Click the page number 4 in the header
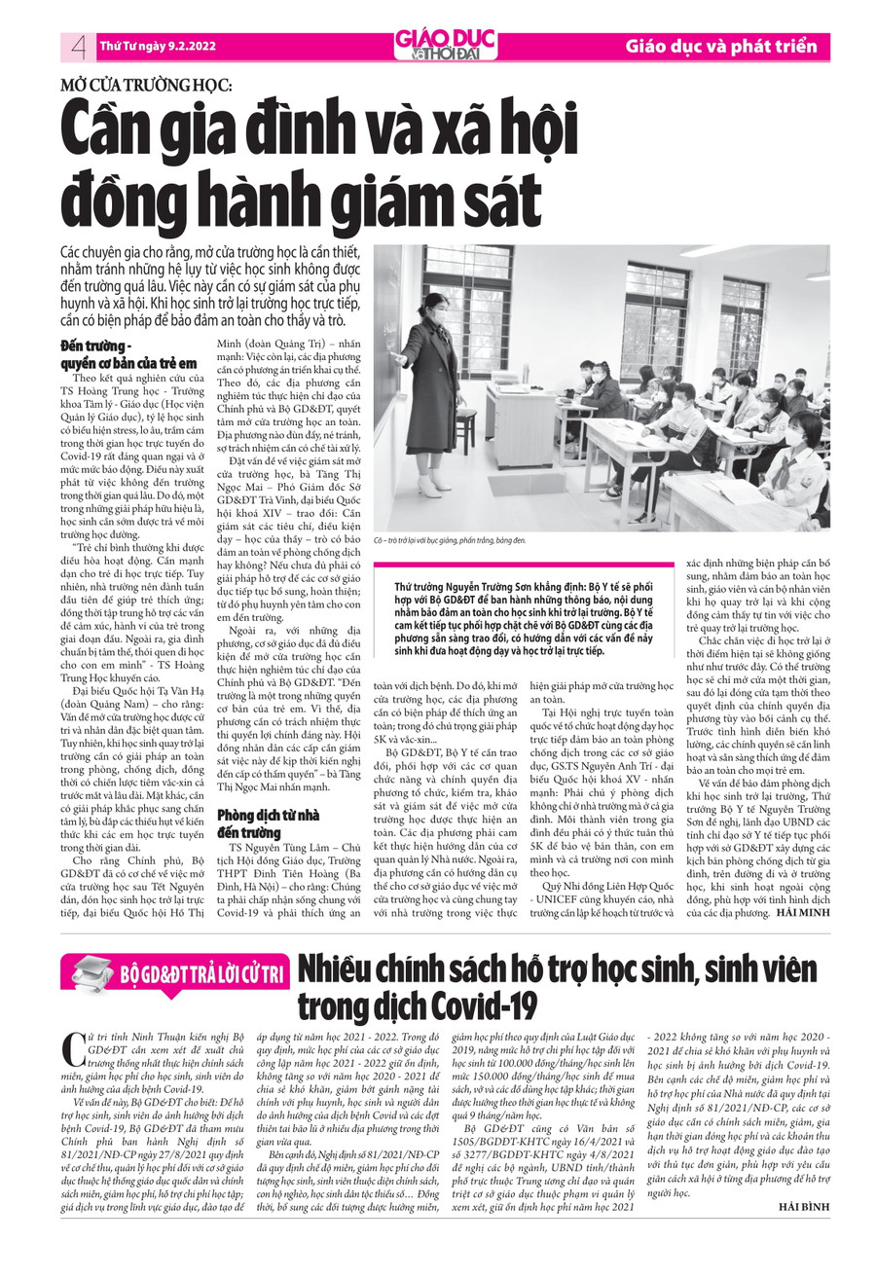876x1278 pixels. pos(77,46)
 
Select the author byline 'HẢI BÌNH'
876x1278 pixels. pos(803,1234)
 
